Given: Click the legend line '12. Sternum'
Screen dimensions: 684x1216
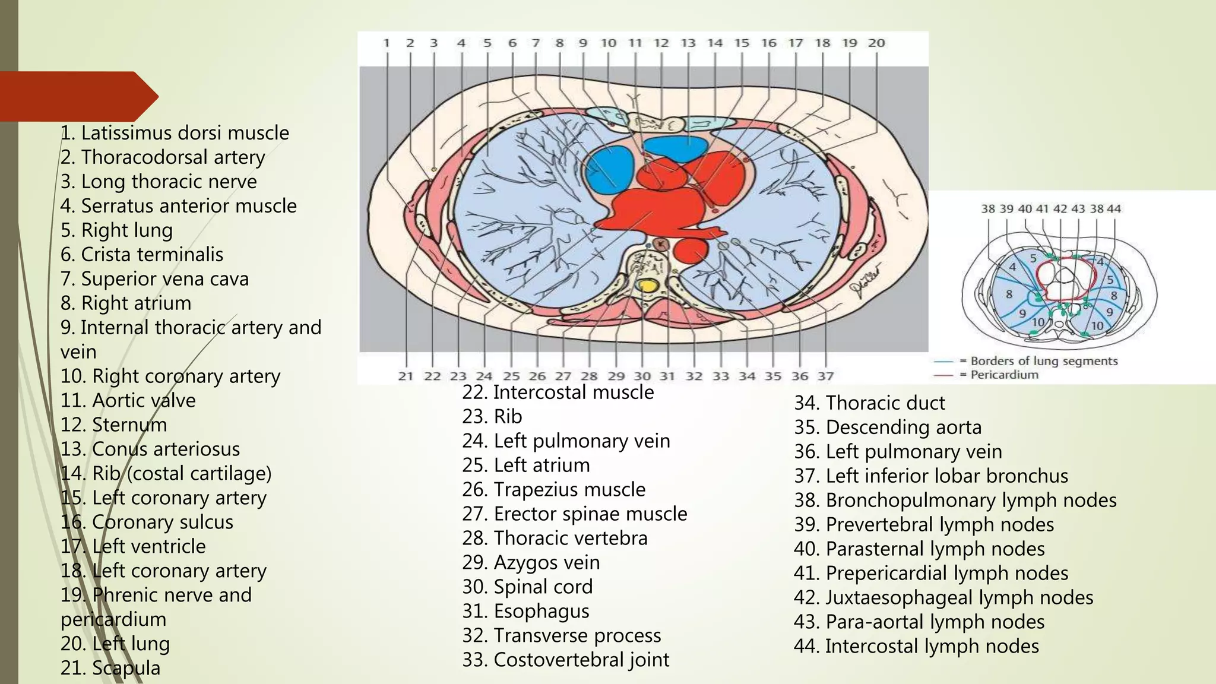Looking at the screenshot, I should (x=113, y=425).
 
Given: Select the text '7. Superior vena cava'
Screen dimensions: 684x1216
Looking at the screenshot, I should (x=154, y=278).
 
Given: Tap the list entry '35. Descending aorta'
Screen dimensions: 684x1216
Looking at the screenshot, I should (x=888, y=427).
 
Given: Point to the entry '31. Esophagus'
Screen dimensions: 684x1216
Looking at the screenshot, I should (x=525, y=610).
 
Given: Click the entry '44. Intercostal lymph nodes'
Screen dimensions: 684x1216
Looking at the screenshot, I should (x=916, y=646).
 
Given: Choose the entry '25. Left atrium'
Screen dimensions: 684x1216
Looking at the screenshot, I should (x=525, y=465).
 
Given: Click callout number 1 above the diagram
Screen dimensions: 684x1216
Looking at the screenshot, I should (x=387, y=43).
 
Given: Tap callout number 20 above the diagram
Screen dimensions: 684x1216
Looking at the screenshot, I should (x=876, y=43).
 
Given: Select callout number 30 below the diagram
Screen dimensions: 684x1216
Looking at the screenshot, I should (x=642, y=376).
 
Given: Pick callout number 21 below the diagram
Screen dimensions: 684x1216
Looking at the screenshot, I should (x=406, y=376).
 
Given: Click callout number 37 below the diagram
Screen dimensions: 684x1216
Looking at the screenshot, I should (x=825, y=376).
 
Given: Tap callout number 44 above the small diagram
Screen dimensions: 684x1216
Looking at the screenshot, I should (x=1114, y=208).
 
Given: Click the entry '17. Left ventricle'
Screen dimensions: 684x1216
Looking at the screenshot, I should (x=133, y=546).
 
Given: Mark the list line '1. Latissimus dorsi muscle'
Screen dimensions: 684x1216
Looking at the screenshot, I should (x=175, y=132).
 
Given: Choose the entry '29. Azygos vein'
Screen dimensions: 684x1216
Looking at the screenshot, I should (x=531, y=562).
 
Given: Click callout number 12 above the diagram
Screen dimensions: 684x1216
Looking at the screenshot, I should (x=661, y=43).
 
